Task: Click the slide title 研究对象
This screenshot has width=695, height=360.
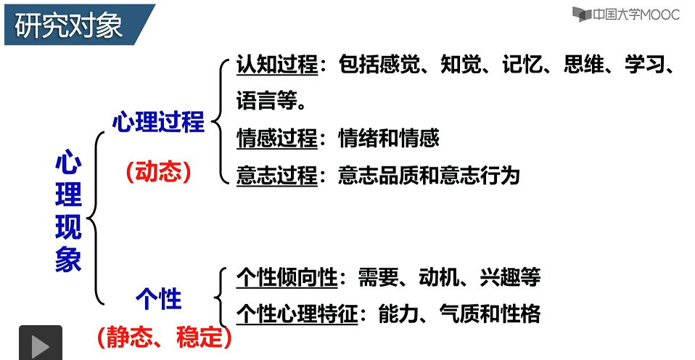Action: pos(69,25)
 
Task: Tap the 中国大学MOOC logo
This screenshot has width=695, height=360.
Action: pos(625,14)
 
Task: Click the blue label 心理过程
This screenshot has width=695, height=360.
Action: pos(158,123)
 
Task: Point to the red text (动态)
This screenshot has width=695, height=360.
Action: pos(157,171)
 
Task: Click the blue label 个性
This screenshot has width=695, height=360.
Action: pos(158,298)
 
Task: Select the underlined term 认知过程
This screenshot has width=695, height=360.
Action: pos(277,65)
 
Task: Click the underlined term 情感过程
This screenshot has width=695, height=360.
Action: pos(277,138)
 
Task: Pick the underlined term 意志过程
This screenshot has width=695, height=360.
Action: pos(277,176)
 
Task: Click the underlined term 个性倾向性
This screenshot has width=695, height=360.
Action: pos(287,277)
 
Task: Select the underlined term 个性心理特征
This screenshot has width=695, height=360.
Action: pos(297,314)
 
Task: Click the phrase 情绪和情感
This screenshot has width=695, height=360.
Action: pos(389,138)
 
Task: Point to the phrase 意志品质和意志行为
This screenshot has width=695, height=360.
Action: pos(429,176)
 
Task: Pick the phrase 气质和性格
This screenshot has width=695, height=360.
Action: pos(500,314)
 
